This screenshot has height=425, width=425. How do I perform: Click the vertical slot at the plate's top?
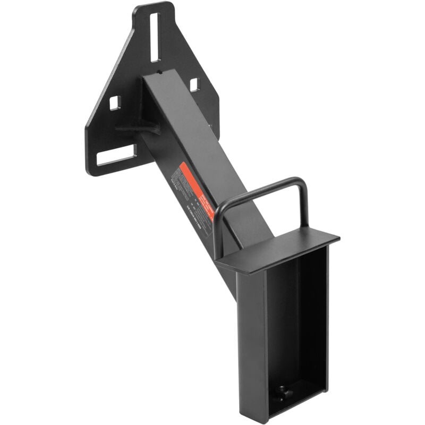[x=155, y=37]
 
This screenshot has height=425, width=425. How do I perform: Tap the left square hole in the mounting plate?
[x=115, y=103]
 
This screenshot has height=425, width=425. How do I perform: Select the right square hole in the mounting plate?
[x=194, y=84]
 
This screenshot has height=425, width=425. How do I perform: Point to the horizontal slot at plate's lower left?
[x=116, y=155]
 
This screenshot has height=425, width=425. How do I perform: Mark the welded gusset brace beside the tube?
[x=137, y=128]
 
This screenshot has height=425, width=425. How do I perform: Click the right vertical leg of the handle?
[x=304, y=205]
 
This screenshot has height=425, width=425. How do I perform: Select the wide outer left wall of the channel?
[x=251, y=340]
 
